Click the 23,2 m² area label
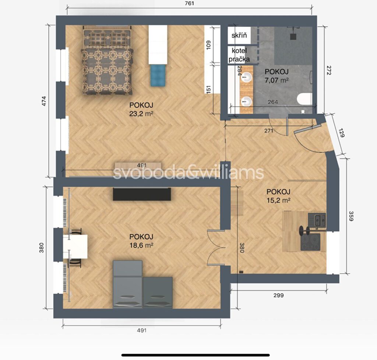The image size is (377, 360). [141, 113]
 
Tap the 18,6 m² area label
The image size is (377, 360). [141, 245]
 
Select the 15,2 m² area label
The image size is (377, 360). [278, 200]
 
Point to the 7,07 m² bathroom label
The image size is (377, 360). [276, 80]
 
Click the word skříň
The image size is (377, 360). [239, 35]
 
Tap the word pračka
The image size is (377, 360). [239, 59]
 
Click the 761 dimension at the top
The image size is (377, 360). [190, 3]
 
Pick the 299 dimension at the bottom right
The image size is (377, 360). [278, 295]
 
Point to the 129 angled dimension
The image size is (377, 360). [341, 133]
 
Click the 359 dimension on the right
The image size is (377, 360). [351, 216]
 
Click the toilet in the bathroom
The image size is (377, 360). [304, 99]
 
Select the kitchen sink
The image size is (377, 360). [320, 219]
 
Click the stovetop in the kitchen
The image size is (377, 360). [310, 242]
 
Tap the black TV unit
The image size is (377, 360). [142, 194]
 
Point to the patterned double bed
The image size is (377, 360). [107, 61]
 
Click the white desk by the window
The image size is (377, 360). [75, 247]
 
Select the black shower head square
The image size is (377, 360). [293, 36]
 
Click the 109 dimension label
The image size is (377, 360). [208, 45]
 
